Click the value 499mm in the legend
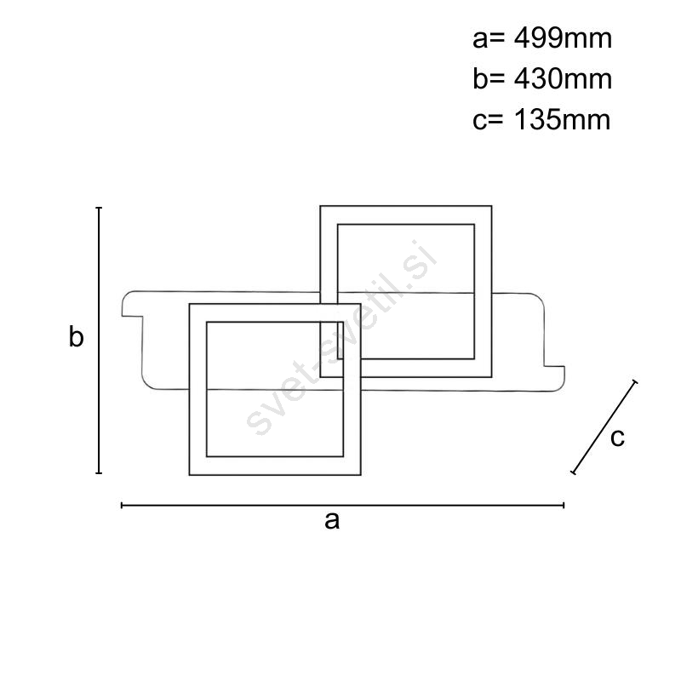coord(563,38)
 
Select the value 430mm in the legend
coord(563,79)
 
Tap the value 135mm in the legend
coord(563,119)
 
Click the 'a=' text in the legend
coord(489,39)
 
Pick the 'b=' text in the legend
coord(489,79)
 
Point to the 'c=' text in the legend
coord(488,120)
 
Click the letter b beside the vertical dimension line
coord(76,336)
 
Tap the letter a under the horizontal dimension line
coord(332,520)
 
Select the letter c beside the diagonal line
coord(617,438)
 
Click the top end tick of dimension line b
coord(99,208)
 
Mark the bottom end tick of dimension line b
coord(99,472)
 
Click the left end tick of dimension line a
coord(122,505)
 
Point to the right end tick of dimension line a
coord(564,505)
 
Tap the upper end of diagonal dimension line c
coord(635,381)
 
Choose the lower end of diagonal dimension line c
coord(573,472)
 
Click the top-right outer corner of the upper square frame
coord(492,206)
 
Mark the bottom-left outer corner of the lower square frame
coord(189,475)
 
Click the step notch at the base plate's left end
coord(133,316)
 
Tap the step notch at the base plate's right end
coord(554,366)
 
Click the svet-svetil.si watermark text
coord(341,337)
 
